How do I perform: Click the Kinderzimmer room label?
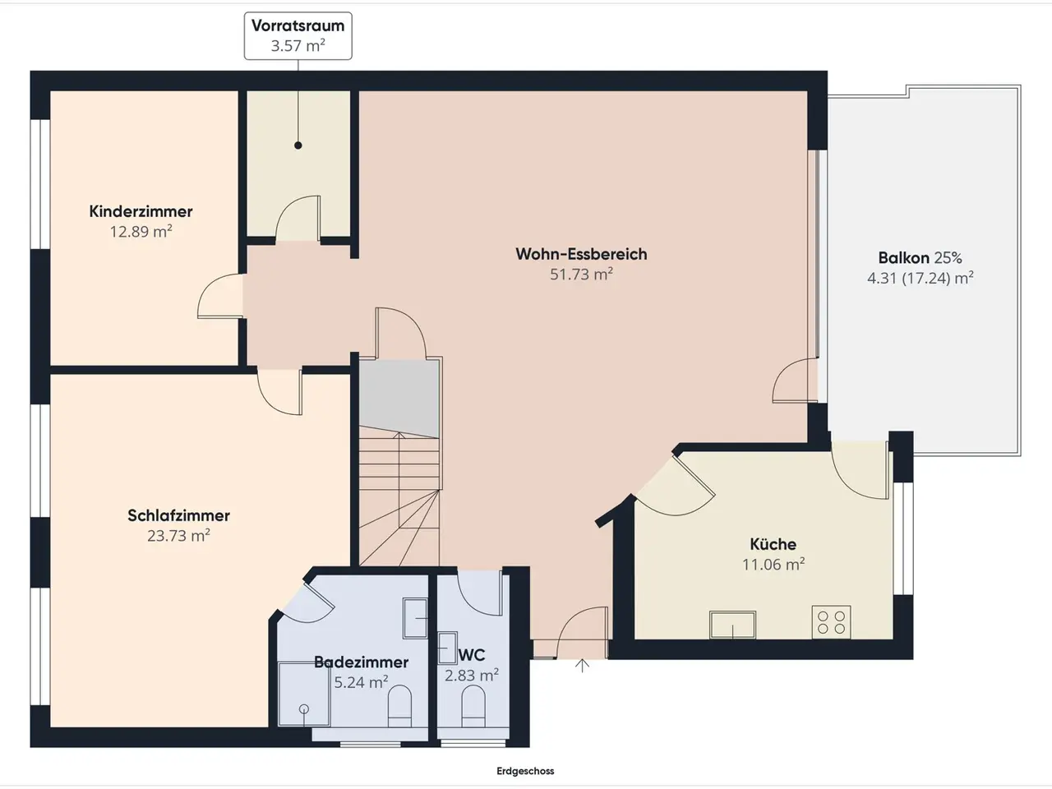(x=141, y=211)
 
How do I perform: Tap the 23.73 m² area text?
(x=179, y=535)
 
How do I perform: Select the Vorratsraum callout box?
(x=298, y=36)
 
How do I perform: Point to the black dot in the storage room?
(x=298, y=145)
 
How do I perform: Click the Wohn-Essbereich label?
(x=581, y=254)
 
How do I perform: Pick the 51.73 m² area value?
(x=581, y=274)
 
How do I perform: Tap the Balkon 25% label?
(x=920, y=258)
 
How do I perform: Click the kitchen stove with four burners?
(x=832, y=622)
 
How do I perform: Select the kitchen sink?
(x=733, y=625)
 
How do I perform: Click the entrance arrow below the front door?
(x=583, y=666)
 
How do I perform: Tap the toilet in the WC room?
(x=473, y=706)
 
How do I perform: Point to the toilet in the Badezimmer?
(x=399, y=706)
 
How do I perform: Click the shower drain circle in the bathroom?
(x=304, y=709)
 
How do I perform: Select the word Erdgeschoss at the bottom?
(x=525, y=771)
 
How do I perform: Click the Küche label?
(x=773, y=544)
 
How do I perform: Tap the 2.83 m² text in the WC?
(x=472, y=676)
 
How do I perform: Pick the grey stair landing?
(x=399, y=399)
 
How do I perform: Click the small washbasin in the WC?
(x=448, y=648)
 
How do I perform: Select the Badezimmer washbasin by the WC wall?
(x=415, y=618)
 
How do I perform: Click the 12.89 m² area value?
(x=141, y=232)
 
